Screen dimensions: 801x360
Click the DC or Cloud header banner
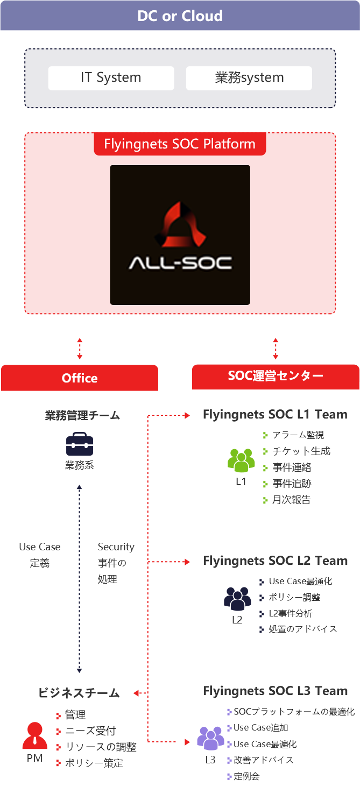tap(180, 16)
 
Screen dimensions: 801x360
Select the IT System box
tap(111, 78)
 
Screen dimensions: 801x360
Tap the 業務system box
tap(249, 78)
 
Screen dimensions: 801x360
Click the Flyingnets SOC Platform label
tap(180, 144)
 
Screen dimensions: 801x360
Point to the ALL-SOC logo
tap(180, 235)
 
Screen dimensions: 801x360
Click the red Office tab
tap(80, 378)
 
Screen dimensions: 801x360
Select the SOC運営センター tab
tap(276, 376)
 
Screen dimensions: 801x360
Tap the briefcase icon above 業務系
tap(80, 444)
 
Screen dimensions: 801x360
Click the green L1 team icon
tap(241, 460)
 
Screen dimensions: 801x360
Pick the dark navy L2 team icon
tap(237, 598)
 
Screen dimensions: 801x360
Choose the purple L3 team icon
tap(210, 738)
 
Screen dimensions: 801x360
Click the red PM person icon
tap(35, 735)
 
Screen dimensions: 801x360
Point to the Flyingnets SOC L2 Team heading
tap(275, 561)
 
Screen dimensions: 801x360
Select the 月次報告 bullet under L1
tap(291, 500)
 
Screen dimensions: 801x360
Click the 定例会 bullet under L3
tap(246, 776)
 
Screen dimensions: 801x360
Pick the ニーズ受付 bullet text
tap(90, 731)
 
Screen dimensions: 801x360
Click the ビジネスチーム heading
tap(79, 693)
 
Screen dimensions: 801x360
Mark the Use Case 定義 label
tap(39, 555)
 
